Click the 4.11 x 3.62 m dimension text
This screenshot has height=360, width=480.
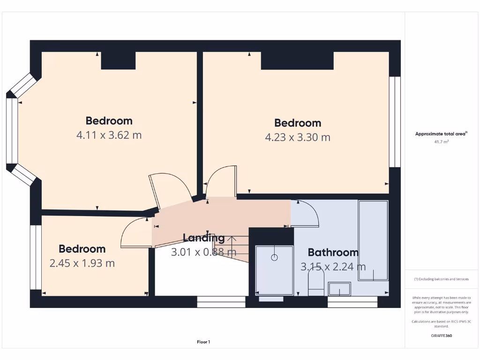[x=109, y=135]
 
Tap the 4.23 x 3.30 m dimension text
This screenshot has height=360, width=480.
[x=298, y=137]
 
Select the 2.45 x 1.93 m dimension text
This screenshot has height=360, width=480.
[x=82, y=263]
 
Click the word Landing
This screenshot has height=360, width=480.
[x=203, y=238]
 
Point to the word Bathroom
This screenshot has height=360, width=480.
[x=333, y=252]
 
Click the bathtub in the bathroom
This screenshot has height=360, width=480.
[x=373, y=240]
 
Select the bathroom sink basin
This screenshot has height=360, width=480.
[x=339, y=289]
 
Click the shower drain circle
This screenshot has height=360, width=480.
[x=274, y=257]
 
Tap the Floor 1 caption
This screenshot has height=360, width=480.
[x=203, y=342]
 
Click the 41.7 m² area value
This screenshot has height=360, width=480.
[x=442, y=141]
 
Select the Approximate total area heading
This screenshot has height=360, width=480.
[x=441, y=134]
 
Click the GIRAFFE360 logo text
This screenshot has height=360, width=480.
[x=442, y=336]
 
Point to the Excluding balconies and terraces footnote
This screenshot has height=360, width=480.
[x=442, y=279]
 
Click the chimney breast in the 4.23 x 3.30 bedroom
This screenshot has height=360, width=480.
[x=297, y=60]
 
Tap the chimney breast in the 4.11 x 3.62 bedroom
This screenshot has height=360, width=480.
[x=118, y=60]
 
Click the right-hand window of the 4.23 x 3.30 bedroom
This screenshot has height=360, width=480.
[x=395, y=121]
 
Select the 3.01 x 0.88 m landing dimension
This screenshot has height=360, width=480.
[x=203, y=252]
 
